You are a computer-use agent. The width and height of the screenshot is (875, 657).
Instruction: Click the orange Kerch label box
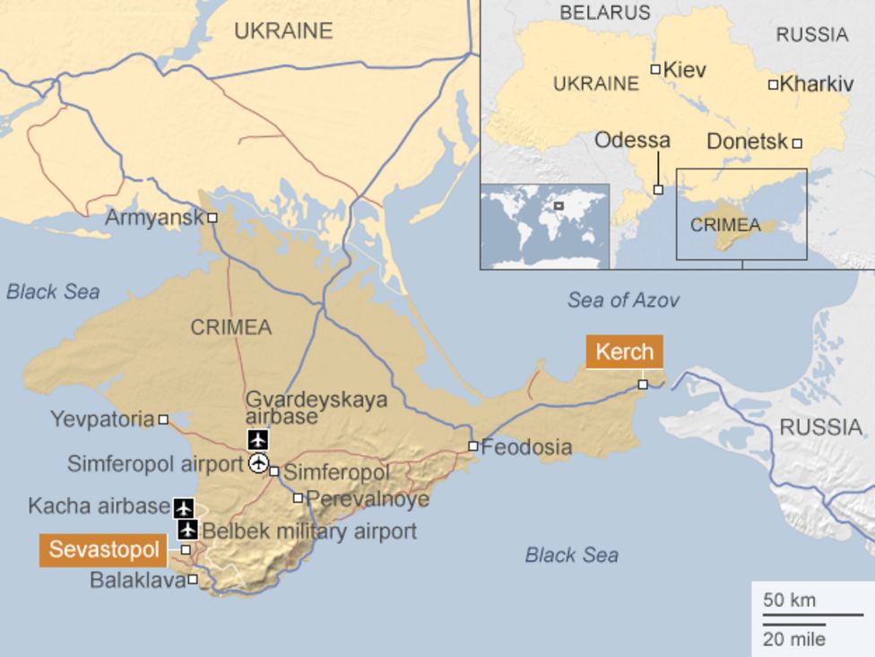coord(625,351)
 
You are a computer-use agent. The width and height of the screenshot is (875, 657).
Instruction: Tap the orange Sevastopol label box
coord(104,549)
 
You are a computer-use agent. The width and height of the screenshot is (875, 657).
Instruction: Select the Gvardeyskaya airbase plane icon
coord(258,440)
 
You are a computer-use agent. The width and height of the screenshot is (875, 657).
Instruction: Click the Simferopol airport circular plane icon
coord(258,463)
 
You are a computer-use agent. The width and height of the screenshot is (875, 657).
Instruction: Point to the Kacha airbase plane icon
coord(184,508)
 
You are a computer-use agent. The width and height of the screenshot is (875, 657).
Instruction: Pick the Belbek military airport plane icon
coord(187,530)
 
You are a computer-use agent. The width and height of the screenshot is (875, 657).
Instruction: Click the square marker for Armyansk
coord(212,218)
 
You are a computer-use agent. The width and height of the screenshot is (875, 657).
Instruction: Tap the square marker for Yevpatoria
coord(163,419)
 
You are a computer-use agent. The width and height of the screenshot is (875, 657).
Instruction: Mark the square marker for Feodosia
coord(473,445)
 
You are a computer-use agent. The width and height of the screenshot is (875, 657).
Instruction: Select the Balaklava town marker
coord(193,579)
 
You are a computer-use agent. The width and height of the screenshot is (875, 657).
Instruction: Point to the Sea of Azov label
coord(623,300)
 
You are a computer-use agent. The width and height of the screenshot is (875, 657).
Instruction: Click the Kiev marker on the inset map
coord(655,70)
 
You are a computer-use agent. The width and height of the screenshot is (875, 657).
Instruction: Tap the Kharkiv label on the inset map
coord(816,84)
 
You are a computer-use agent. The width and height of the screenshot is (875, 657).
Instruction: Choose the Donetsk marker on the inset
coord(796,143)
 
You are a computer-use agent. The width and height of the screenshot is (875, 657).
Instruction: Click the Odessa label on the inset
coord(632,141)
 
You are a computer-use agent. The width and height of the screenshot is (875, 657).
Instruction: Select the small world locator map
coord(544,225)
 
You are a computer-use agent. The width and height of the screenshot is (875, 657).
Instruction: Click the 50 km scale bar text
coord(789,600)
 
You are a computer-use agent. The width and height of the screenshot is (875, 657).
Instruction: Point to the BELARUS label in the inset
coord(605,13)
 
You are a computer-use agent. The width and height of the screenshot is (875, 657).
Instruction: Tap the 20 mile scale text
coord(794,639)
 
